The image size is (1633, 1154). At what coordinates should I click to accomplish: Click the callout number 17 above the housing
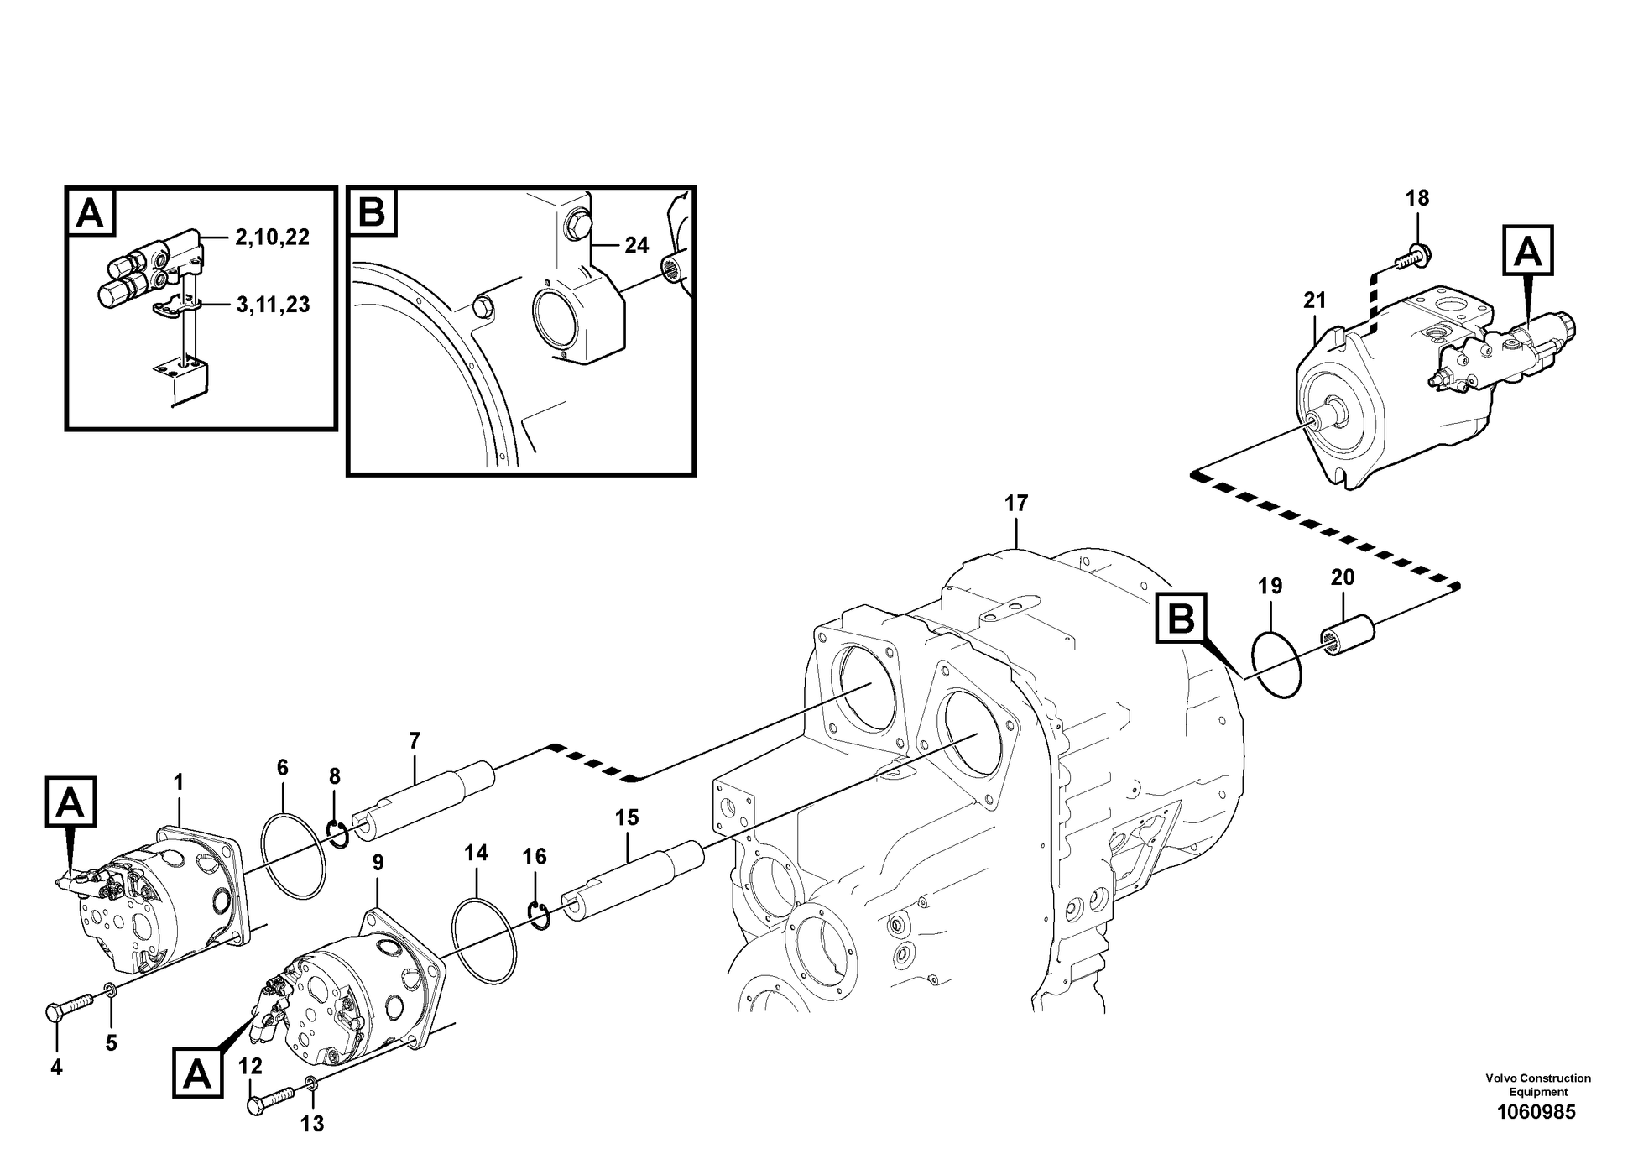[x=1015, y=504]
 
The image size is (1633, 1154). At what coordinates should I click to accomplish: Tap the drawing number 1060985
[x=1536, y=1112]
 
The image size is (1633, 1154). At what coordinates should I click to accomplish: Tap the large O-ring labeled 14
[x=484, y=940]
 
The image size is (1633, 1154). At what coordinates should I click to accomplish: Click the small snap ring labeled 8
[x=337, y=834]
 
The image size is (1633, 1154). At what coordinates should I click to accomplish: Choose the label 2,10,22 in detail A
[x=272, y=238]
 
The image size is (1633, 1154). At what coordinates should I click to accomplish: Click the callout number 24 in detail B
[x=636, y=245]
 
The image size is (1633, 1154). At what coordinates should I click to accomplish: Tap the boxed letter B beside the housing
[x=1181, y=619]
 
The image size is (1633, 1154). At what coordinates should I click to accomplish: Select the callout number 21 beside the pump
[x=1314, y=300]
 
